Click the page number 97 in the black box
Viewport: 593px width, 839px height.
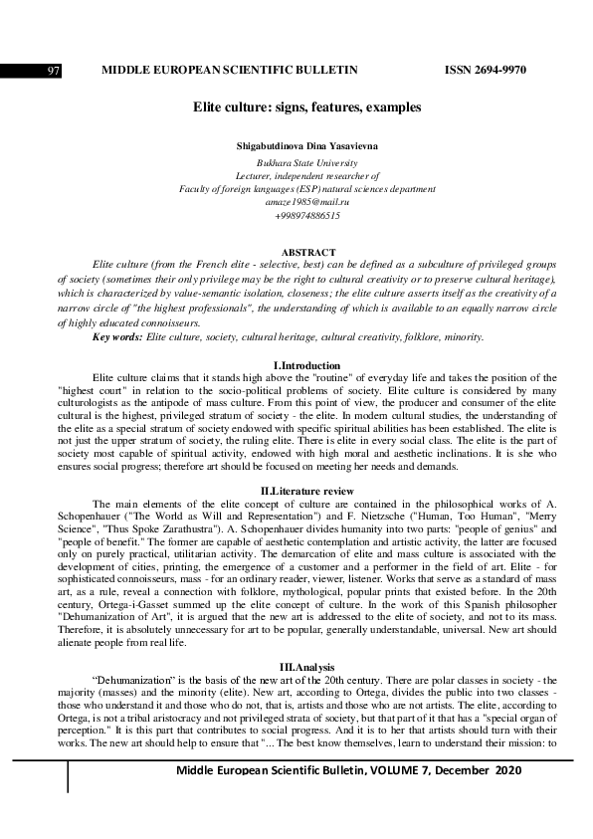[x=54, y=71]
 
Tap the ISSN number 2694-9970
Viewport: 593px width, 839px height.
[x=486, y=70]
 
